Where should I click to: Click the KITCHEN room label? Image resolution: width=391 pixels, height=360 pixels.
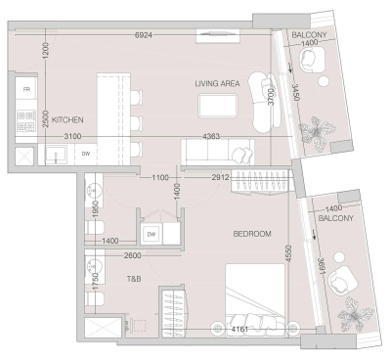[67, 118]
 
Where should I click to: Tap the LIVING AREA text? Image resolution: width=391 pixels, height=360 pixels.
[216, 84]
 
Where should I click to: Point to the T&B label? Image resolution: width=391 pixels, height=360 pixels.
[134, 278]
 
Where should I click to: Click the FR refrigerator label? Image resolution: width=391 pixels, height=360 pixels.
[26, 88]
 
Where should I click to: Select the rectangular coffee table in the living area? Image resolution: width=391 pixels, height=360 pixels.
[217, 105]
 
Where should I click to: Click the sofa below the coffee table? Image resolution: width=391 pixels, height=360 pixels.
[217, 152]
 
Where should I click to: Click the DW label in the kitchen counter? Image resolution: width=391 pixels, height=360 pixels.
[86, 154]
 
